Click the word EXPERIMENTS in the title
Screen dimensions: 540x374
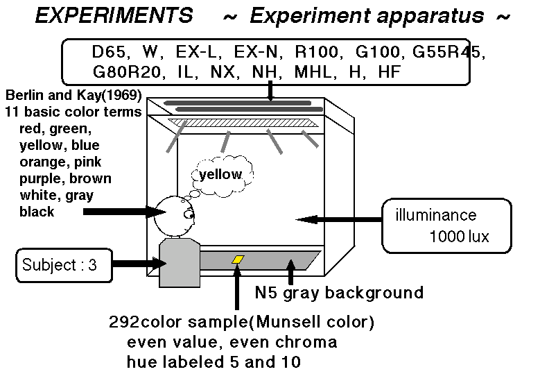(114, 16)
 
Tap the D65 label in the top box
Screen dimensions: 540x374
(109, 52)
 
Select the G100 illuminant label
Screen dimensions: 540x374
(376, 52)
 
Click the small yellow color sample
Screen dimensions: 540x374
(238, 260)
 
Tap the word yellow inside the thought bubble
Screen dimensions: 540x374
(220, 174)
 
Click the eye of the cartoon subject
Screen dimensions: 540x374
(189, 214)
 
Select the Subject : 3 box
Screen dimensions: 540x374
(64, 265)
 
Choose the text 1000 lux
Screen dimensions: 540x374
(460, 237)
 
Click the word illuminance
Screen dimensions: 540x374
(435, 215)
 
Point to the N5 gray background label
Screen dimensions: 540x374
(339, 293)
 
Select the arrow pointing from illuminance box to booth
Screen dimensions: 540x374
(339, 219)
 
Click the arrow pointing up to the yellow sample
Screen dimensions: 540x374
(236, 287)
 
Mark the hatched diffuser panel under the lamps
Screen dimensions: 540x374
(243, 123)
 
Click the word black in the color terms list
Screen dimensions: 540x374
(37, 212)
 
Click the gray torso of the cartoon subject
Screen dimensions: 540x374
(180, 263)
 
